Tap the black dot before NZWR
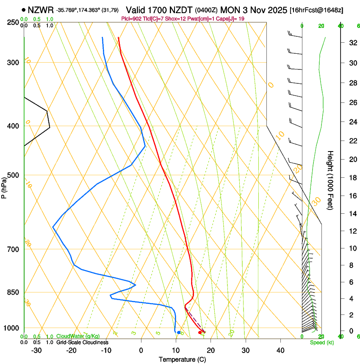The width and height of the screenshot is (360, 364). click(23, 9)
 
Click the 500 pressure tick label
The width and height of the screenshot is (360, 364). click(13, 175)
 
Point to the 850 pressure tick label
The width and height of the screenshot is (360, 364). click(13, 292)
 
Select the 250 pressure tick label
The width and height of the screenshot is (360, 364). click(13, 22)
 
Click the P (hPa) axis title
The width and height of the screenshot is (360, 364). click(4, 187)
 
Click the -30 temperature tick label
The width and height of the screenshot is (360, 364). click(36, 350)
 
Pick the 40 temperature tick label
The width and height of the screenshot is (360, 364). click(280, 350)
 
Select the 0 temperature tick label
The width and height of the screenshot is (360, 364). click(141, 350)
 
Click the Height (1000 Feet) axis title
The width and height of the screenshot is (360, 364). click(330, 180)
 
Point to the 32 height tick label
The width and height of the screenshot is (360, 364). click(352, 43)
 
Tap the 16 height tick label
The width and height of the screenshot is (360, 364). click(352, 196)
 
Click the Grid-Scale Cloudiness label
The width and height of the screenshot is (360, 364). click(82, 342)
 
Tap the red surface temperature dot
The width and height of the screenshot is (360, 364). click(200, 333)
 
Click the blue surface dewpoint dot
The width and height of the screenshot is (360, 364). click(179, 333)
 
